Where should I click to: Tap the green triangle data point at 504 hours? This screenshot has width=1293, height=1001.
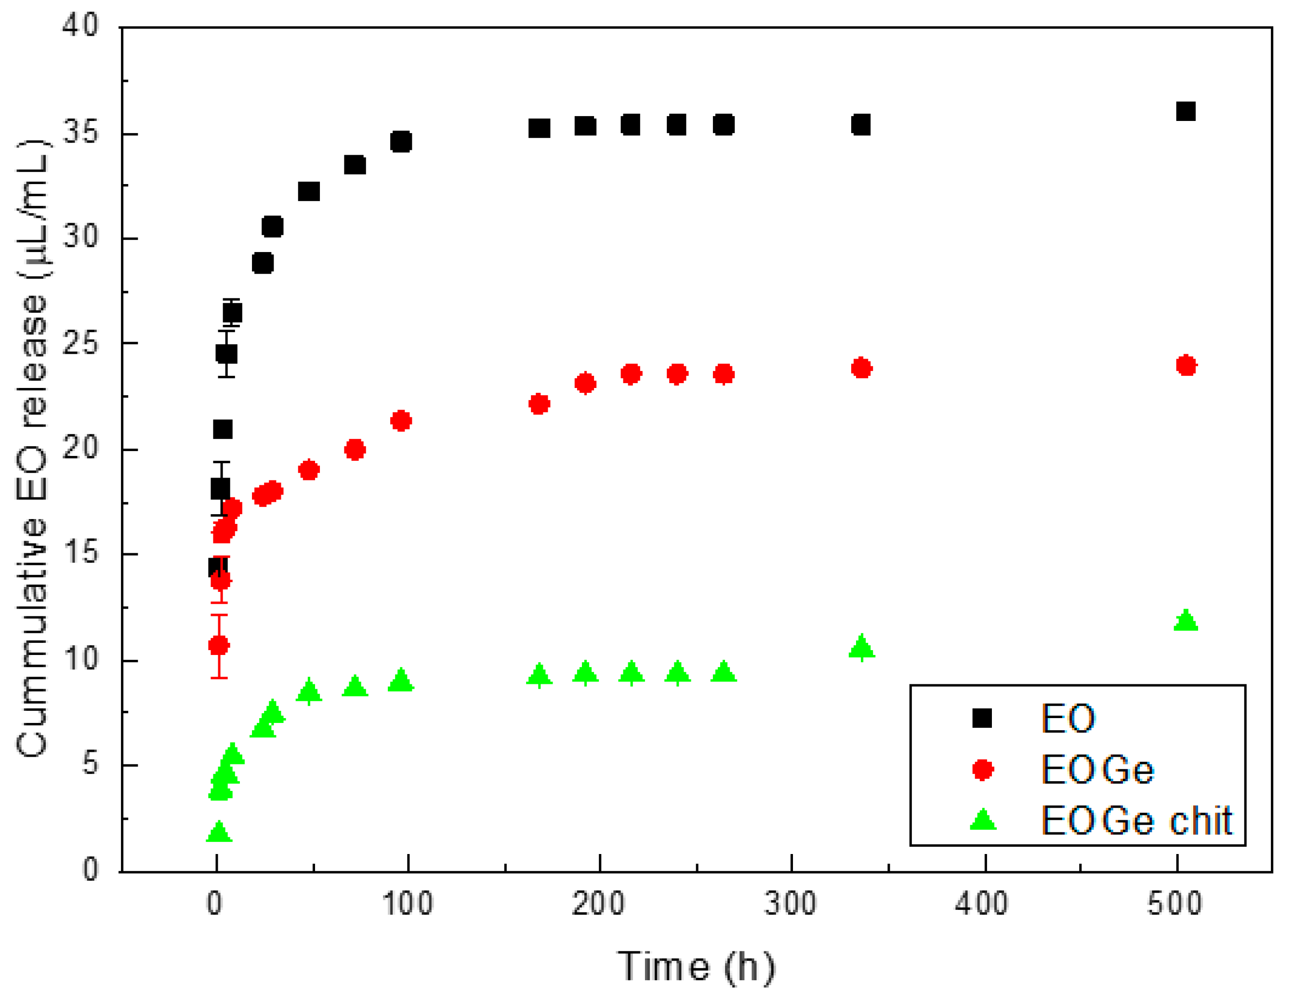[1186, 621]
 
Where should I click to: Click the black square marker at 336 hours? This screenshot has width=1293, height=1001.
[861, 124]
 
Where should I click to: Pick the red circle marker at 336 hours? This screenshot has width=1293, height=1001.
[861, 368]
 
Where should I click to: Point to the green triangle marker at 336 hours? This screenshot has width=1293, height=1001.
[861, 647]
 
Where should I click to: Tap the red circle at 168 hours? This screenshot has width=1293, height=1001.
[539, 404]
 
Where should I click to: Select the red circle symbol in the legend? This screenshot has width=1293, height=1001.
[983, 770]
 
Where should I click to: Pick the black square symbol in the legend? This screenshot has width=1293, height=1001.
[982, 719]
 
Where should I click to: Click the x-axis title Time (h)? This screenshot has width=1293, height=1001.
[696, 967]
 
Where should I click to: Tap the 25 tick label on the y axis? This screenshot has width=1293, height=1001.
[81, 343]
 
